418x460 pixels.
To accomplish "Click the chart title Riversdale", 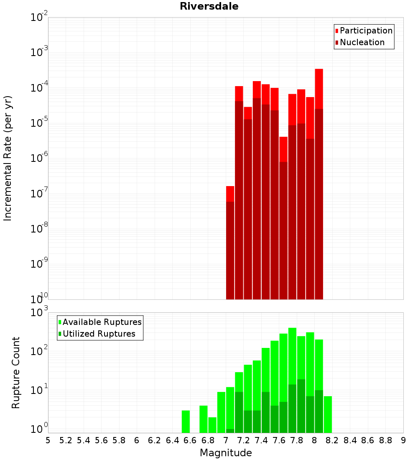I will pos(209,6).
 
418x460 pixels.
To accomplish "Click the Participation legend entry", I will pos(366,31).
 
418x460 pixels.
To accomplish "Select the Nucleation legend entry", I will pos(362,42).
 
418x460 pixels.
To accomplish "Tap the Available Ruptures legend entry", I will pos(102,322).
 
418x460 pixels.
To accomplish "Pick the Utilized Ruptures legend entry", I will pos(99,334).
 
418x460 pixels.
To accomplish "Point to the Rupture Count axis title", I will pos(16,372).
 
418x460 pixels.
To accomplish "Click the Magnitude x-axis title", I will pos(226,453).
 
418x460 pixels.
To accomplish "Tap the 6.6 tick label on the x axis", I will pos(190,440).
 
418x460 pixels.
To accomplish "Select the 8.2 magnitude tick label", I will pos(332,440).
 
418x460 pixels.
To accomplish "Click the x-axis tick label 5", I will pos(48,440).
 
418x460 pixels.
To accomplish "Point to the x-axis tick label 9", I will pos(403,440).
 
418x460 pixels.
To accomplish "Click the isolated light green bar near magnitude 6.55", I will pos(186,422).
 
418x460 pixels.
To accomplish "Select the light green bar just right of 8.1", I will pos(328,414).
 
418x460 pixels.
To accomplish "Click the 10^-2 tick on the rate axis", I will pos(39,18).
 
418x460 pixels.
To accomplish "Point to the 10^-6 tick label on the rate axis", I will pos(39,158).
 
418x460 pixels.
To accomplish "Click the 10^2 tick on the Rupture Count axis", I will pos(40,351).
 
